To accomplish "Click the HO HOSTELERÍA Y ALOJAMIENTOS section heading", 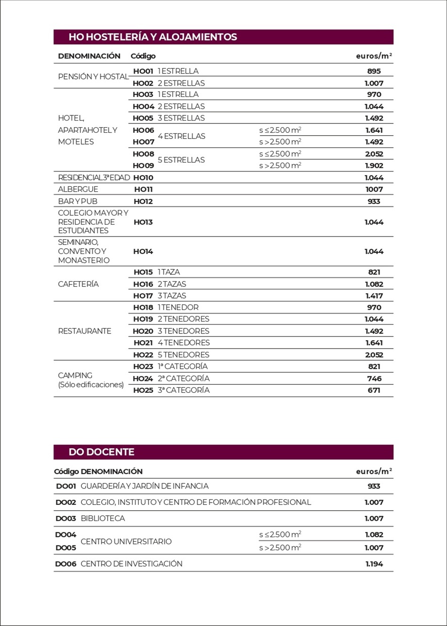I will coord(152,37).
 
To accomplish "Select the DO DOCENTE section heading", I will coord(101,452).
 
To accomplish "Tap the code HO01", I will coord(143,71).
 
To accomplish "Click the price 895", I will coord(374,71).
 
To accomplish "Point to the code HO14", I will coord(143,252).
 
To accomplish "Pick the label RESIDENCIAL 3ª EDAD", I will coord(94,178).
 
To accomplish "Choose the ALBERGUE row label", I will coord(78,189).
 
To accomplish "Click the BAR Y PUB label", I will coord(78,201).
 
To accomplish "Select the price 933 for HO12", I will coord(374,201).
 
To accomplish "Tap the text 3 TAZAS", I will coord(172,296).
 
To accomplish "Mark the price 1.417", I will coord(374,296).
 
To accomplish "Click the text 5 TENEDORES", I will coord(184,355).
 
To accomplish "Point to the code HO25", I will coord(143,390).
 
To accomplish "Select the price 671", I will coord(374,390).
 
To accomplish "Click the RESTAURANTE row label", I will coord(85,331).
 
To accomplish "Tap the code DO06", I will coord(65,564).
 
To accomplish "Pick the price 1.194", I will coord(374,564).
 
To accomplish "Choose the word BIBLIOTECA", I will coord(103,518).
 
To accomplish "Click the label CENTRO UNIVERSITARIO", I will coord(126,541).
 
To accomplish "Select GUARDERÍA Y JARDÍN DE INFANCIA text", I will coord(144,486).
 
